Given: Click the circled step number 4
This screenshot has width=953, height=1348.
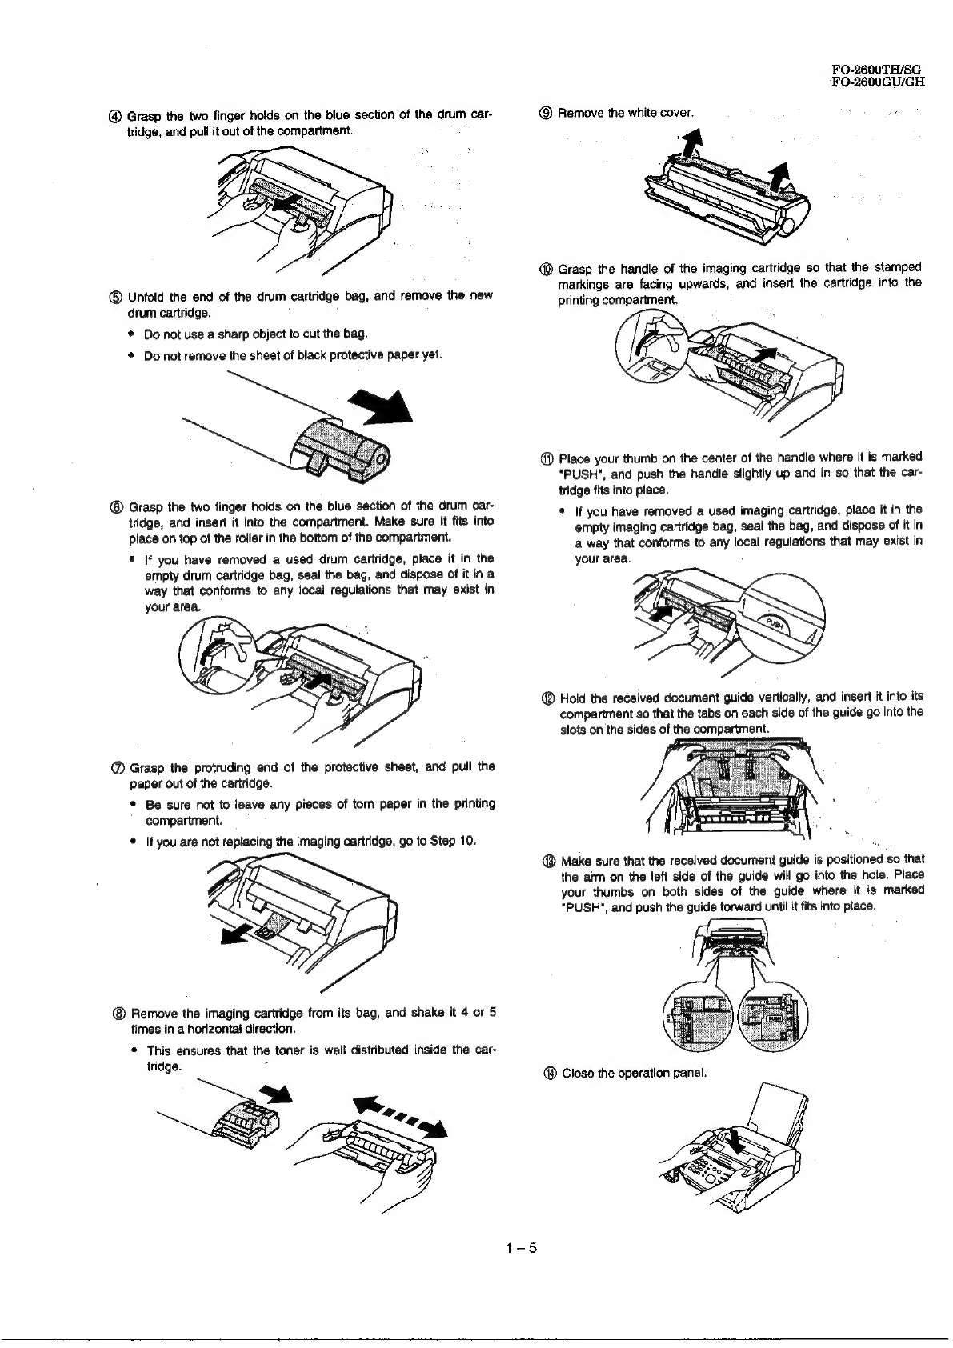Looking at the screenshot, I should pos(118,114).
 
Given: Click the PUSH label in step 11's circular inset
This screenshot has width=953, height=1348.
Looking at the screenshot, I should pos(772,624).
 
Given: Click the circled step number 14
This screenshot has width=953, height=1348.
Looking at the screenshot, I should pos(548,1073).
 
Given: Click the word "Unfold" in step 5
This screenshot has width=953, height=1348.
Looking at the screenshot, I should pos(146,296).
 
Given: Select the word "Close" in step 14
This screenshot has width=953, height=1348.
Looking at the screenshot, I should pos(576,1073).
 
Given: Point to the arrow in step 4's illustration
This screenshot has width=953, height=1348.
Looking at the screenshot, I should pos(284,204).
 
